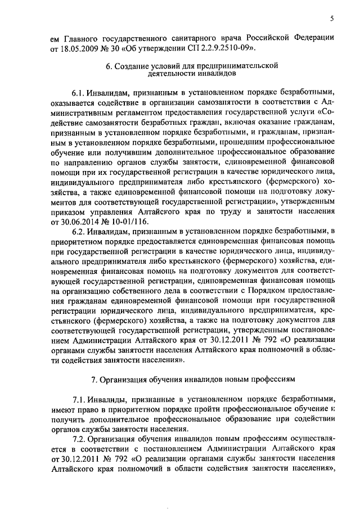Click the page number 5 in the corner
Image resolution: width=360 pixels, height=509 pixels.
(332, 19)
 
